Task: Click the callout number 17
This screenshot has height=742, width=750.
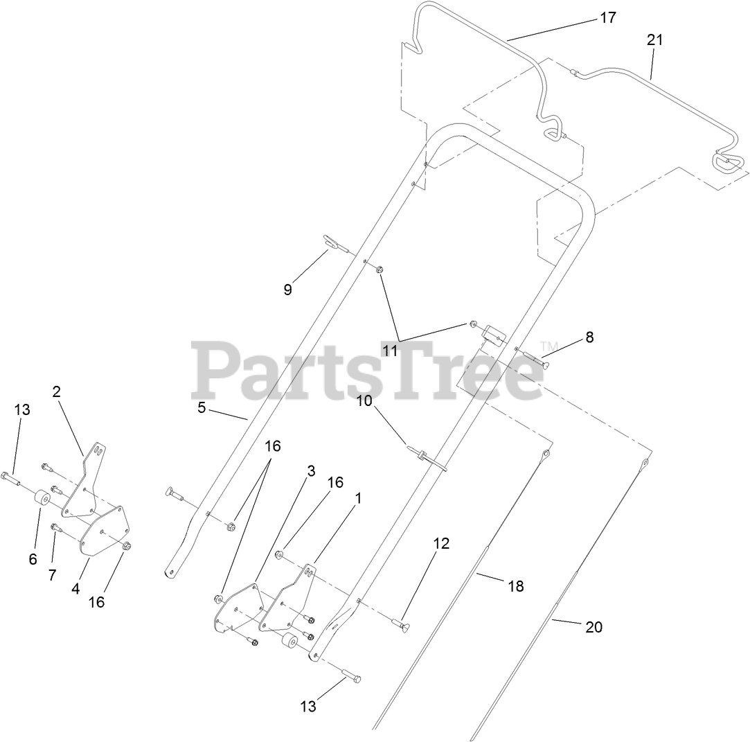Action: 607,18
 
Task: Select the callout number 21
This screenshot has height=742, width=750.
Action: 654,40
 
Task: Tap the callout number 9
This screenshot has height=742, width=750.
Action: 287,290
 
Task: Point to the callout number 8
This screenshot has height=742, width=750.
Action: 589,337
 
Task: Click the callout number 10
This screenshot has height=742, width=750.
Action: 364,401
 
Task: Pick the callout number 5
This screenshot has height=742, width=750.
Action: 202,407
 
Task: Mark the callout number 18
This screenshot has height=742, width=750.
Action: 515,586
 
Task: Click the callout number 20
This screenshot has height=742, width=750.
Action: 593,627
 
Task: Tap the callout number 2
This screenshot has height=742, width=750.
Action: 57,391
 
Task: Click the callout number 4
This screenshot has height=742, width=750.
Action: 75,589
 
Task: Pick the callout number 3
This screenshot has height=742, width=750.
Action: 311,471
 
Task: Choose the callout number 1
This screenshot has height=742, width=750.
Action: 357,497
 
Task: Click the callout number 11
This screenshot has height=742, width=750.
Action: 390,351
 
